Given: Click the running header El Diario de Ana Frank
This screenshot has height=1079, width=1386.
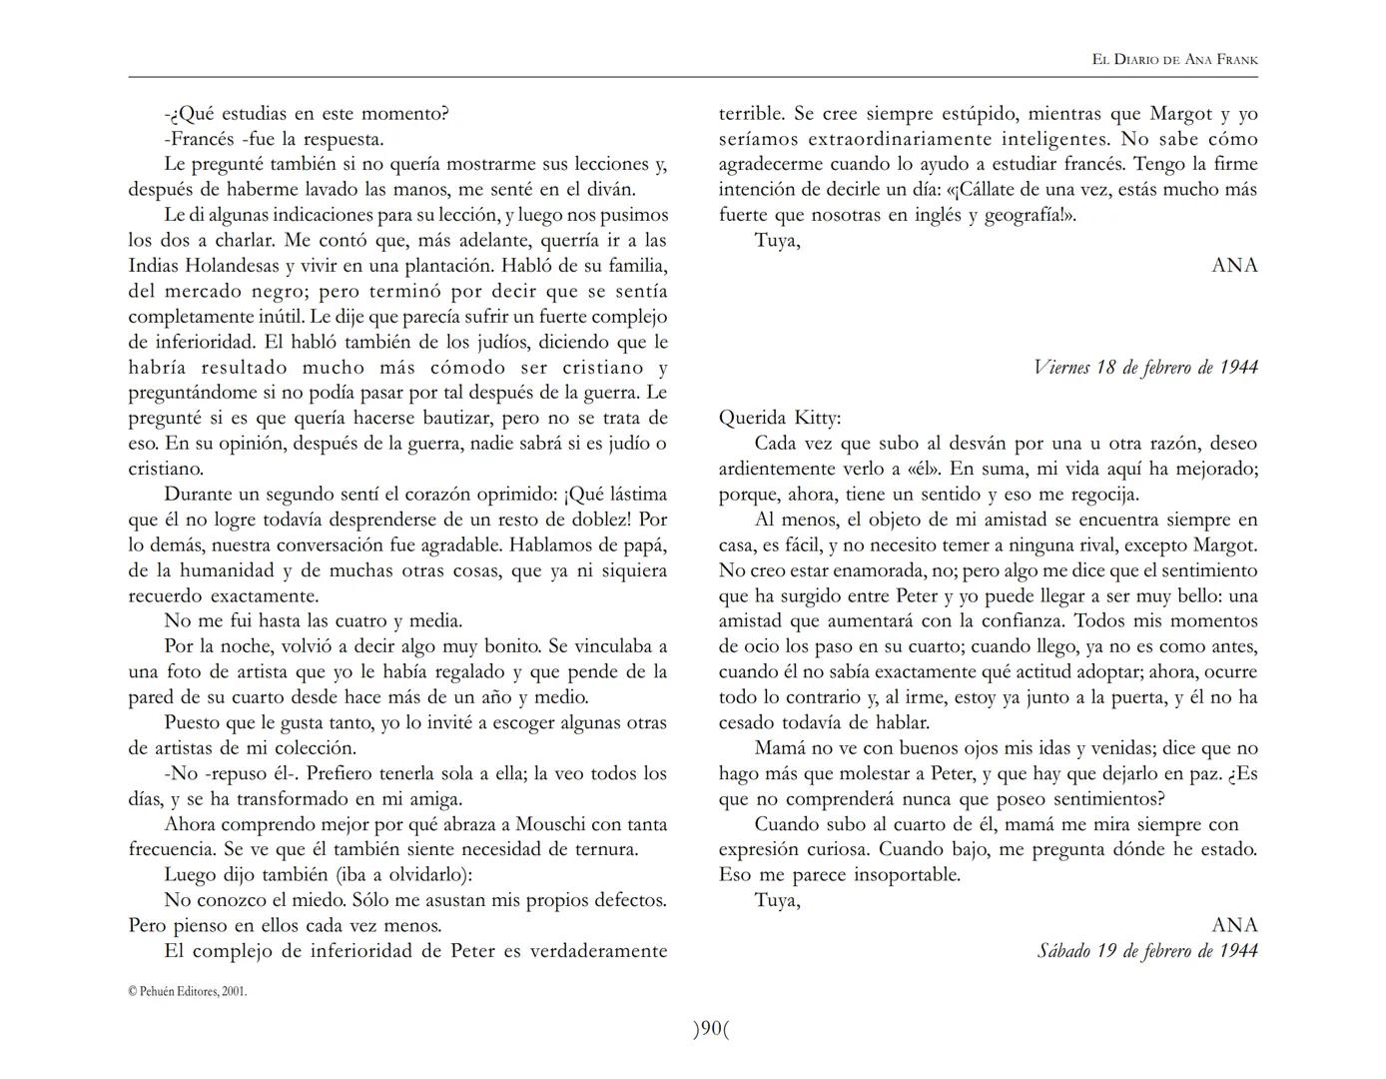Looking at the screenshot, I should pos(1174,60).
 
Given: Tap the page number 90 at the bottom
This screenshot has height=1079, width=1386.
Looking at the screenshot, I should pos(711,1028).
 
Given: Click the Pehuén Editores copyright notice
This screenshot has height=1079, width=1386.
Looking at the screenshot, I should pos(188,992).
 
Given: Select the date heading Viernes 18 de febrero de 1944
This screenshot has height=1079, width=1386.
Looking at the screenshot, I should pos(1145,368).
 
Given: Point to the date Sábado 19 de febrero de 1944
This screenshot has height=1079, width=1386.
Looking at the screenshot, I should pos(1147,951).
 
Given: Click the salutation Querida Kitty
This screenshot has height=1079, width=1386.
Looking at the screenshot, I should pos(780,418).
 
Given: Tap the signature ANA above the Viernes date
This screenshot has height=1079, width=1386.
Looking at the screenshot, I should pos(1234,265).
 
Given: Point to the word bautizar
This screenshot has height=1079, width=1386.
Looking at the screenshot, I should pos(446,418).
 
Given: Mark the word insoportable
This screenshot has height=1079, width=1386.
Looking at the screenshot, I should pos(906,875).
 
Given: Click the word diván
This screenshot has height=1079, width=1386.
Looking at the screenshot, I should pos(609,189).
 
